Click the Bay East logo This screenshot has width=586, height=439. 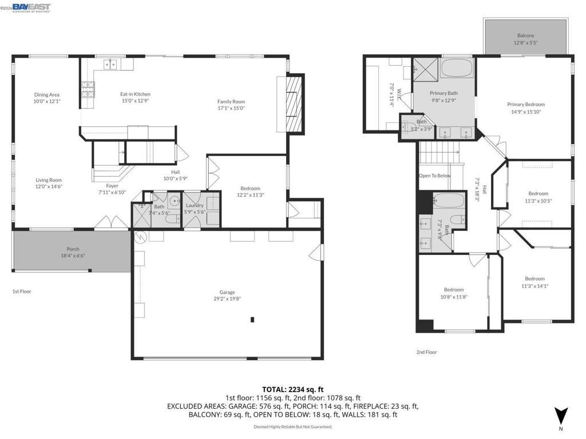pyautogui.click(x=31, y=7)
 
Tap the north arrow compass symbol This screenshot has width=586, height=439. pyautogui.click(x=561, y=415)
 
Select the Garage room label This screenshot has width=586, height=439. pyautogui.click(x=227, y=292)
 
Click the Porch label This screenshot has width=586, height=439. pyautogui.click(x=73, y=249)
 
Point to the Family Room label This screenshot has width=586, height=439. pyautogui.click(x=231, y=102)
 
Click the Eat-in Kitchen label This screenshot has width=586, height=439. pyautogui.click(x=135, y=94)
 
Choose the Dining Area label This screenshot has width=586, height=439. pyautogui.click(x=46, y=95)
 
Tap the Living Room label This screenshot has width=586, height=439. pyautogui.click(x=48, y=180)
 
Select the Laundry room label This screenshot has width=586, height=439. pyautogui.click(x=194, y=205)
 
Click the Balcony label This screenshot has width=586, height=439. pyautogui.click(x=525, y=35)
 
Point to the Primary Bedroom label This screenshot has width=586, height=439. pyautogui.click(x=525, y=105)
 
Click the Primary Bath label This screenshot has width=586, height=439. pyautogui.click(x=444, y=93)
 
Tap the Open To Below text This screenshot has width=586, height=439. pyautogui.click(x=434, y=175)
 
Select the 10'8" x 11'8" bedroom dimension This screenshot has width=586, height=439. pyautogui.click(x=454, y=297)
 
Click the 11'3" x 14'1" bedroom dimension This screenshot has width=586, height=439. pyautogui.click(x=534, y=286)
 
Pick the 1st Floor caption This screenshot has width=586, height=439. pyautogui.click(x=22, y=292)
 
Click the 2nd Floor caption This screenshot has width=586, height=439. pyautogui.click(x=426, y=352)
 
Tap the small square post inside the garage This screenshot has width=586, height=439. pyautogui.click(x=252, y=320)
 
